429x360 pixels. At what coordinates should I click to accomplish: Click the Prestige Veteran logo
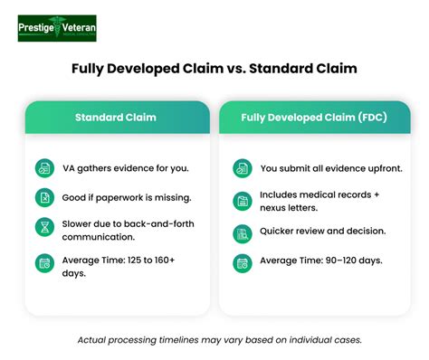(x=57, y=28)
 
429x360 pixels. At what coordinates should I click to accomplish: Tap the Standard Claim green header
(x=116, y=118)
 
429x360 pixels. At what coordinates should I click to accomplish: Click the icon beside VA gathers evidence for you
(x=43, y=168)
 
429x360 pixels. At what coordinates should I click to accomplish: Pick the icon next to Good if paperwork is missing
(x=43, y=197)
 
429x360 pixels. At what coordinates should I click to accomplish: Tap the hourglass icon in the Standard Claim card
(x=43, y=228)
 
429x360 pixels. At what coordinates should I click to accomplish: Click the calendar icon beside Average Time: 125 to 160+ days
(x=43, y=264)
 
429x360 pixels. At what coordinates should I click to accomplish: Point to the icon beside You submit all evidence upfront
(x=241, y=168)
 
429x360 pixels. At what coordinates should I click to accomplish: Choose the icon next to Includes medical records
(x=241, y=202)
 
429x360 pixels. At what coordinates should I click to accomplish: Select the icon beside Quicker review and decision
(x=241, y=233)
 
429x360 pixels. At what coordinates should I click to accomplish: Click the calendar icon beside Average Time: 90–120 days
(x=241, y=262)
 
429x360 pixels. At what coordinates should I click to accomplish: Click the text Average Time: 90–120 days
(x=319, y=261)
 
